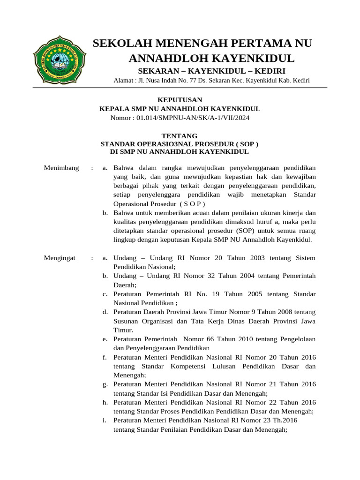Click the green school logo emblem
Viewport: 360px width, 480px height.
click(x=60, y=60)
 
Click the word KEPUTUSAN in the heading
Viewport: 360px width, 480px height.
click(x=180, y=100)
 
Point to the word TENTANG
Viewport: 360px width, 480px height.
click(x=180, y=136)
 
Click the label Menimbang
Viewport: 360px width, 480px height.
click(x=61, y=168)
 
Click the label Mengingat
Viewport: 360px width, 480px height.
click(x=60, y=258)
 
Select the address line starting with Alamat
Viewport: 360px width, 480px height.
click(x=212, y=81)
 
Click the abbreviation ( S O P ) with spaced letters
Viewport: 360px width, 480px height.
click(x=193, y=204)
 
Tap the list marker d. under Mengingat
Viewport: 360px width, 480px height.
click(x=105, y=312)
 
